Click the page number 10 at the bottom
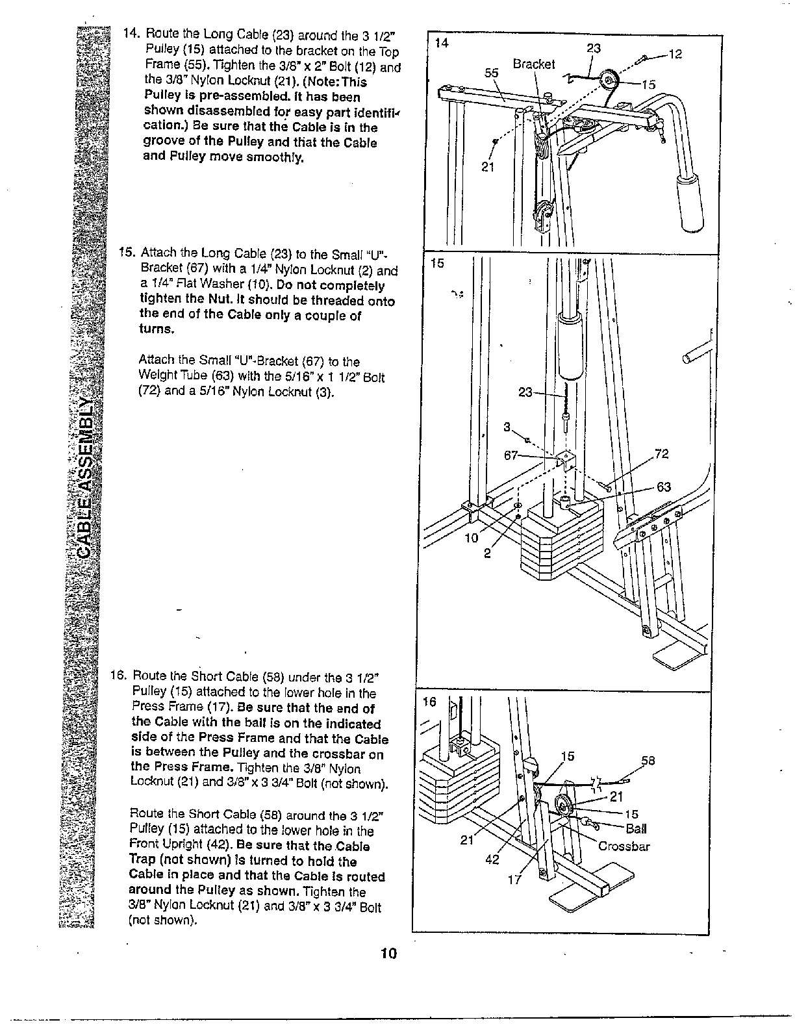click(x=389, y=954)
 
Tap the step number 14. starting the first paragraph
click(x=131, y=34)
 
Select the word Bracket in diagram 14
click(x=534, y=64)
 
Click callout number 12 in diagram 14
click(x=675, y=55)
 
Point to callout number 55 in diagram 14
click(x=492, y=73)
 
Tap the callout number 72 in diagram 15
click(x=662, y=454)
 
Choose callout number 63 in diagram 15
click(x=664, y=487)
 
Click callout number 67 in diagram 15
click(x=511, y=455)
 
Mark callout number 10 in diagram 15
click(x=471, y=538)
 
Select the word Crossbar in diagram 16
click(x=624, y=846)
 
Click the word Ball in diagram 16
click(x=636, y=829)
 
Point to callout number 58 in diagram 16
click(x=648, y=761)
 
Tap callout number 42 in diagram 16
click(x=493, y=861)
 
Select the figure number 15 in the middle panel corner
click(x=438, y=264)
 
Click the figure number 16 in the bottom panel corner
click(x=430, y=702)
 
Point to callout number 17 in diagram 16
click(x=514, y=881)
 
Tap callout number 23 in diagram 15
click(x=525, y=392)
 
